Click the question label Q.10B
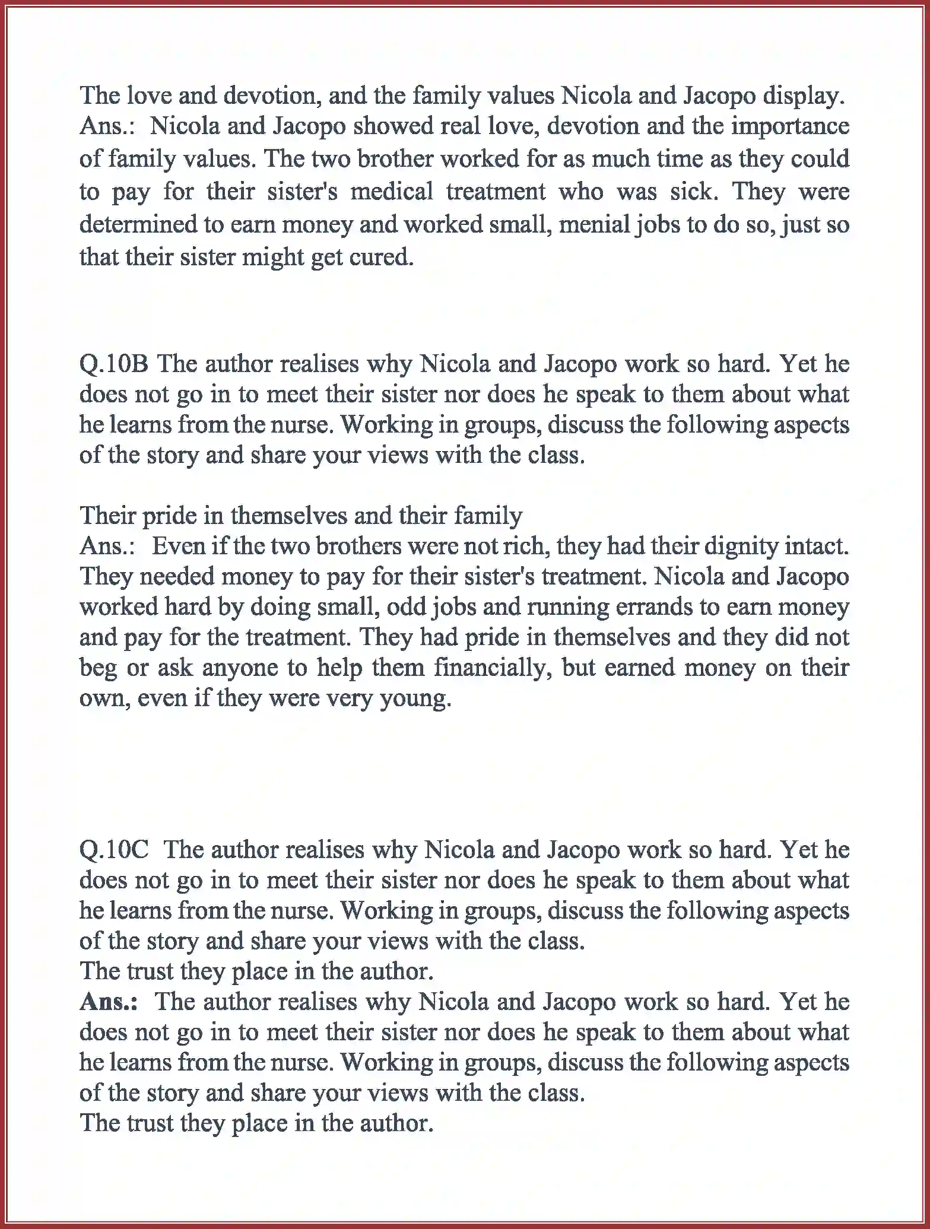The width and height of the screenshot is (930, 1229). click(113, 364)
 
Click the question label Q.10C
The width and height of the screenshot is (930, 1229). click(114, 850)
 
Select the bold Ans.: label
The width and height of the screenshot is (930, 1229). click(109, 1002)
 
